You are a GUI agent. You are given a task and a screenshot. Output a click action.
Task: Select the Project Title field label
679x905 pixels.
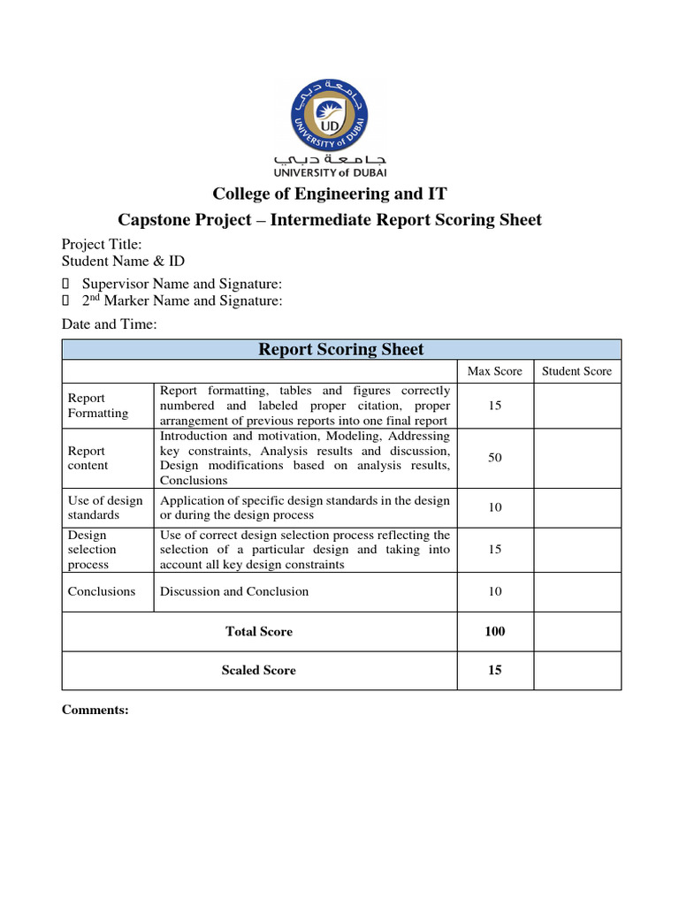[x=101, y=245]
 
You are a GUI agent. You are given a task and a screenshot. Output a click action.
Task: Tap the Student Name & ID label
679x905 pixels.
[x=123, y=261]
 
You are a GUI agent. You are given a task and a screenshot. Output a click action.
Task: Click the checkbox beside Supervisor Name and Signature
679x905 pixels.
[x=65, y=285]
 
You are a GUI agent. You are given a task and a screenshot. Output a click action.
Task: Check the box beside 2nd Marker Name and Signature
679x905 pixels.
[x=65, y=301]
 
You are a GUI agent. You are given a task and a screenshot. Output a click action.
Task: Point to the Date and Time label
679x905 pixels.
[x=109, y=324]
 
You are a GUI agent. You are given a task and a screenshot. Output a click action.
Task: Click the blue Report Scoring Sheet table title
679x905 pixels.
[x=340, y=349]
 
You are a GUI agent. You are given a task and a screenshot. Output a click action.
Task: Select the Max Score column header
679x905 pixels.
[x=494, y=371]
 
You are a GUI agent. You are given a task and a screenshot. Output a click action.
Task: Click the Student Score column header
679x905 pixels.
[x=576, y=371]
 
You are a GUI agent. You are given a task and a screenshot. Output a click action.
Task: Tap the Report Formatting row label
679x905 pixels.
[x=97, y=406]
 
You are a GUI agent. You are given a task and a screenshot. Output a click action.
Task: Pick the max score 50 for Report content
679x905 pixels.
[x=494, y=458]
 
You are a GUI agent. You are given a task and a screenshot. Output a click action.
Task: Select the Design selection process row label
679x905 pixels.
[x=92, y=550]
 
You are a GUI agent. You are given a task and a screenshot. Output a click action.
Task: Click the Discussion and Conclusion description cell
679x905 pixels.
[x=234, y=591]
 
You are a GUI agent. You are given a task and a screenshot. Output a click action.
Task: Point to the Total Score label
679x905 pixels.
[x=259, y=631]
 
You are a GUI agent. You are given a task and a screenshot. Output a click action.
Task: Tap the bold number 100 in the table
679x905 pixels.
[x=494, y=631]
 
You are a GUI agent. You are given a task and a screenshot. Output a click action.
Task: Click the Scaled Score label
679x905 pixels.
[x=259, y=670]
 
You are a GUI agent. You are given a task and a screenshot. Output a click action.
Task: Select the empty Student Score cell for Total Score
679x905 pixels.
[x=576, y=631]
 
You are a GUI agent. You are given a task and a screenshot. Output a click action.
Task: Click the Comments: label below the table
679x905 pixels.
[x=95, y=710]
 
